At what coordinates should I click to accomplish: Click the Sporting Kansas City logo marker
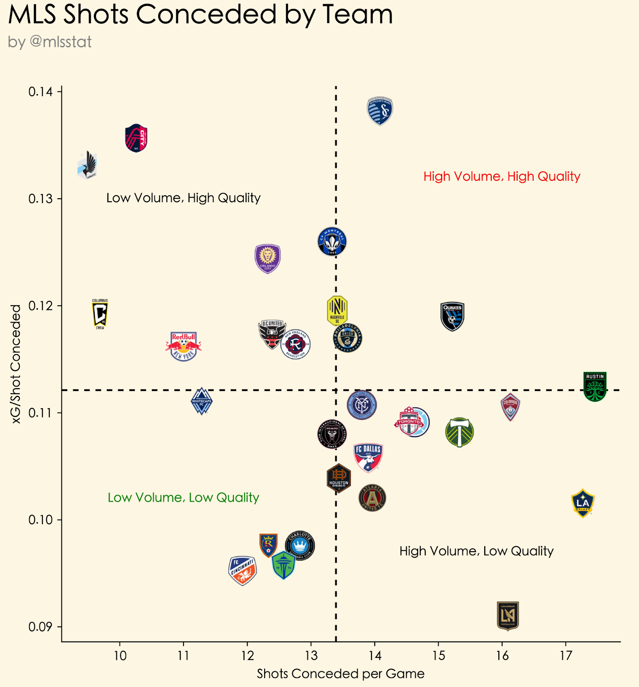point(380,111)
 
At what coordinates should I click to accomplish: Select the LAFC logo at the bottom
point(508,616)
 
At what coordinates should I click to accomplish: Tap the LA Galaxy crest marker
point(583,503)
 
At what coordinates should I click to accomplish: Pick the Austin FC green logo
point(595,386)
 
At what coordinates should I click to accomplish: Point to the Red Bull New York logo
point(184,346)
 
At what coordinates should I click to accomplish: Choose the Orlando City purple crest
point(268,258)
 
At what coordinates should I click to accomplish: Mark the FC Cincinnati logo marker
point(243,570)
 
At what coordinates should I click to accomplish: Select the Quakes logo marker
point(452,316)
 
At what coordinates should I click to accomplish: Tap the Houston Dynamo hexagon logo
point(339,478)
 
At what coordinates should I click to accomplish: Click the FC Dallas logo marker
point(368,458)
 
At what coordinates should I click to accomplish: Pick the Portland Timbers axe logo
point(459,432)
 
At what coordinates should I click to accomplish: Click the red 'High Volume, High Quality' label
point(502,176)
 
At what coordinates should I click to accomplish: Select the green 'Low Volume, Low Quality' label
point(184,498)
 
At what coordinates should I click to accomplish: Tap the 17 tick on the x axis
point(566,655)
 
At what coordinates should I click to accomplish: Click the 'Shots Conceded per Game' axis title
point(341,674)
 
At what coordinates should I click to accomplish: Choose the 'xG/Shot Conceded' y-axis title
point(16,364)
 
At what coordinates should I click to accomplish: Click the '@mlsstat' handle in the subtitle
point(60,42)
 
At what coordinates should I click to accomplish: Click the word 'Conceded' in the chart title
point(206,14)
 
